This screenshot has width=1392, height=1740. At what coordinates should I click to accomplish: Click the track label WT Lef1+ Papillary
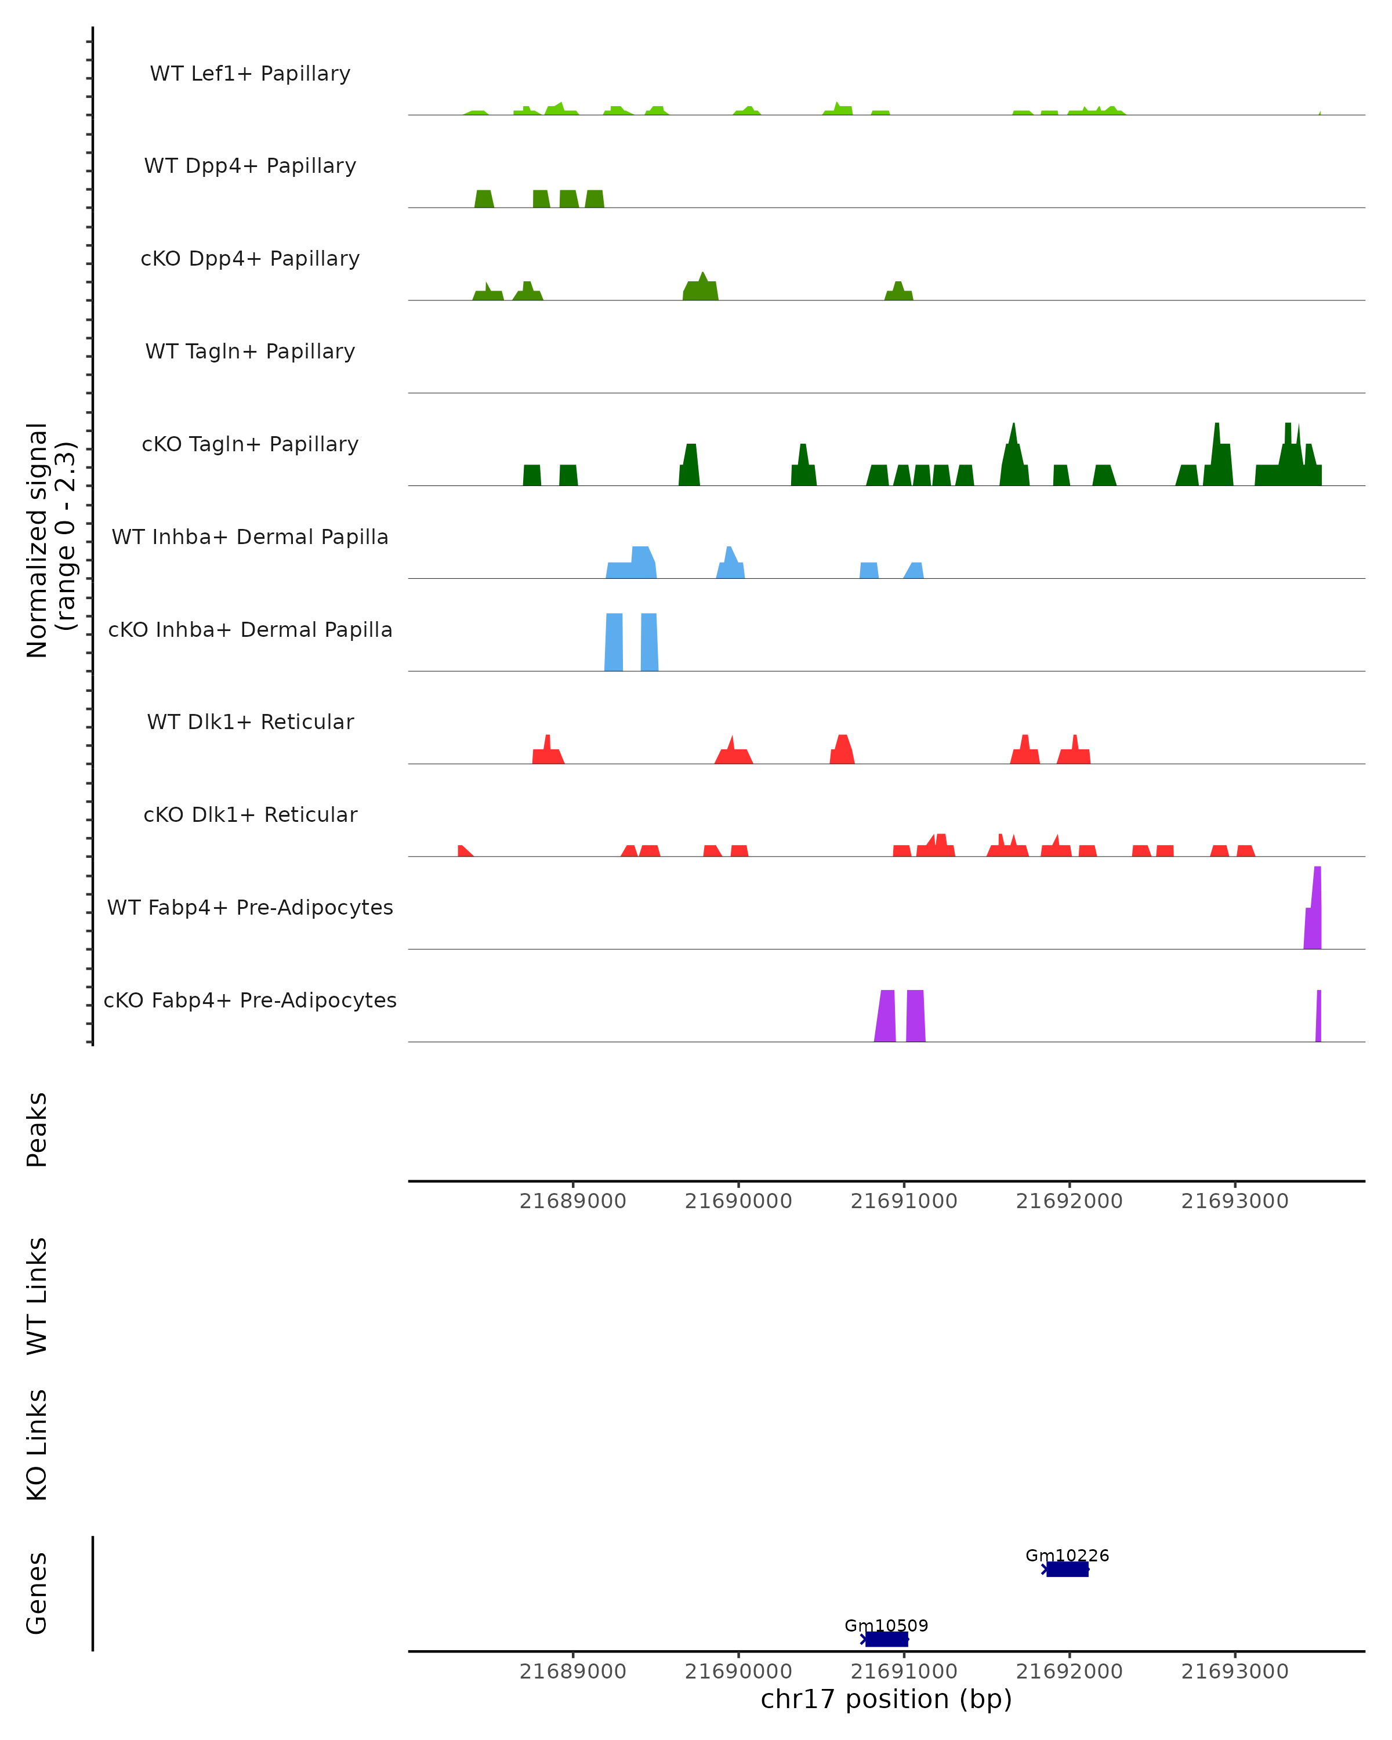point(250,74)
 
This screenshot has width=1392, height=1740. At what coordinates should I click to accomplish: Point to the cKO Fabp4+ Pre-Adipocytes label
point(250,1000)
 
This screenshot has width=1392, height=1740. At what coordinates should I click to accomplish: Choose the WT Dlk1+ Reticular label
point(250,722)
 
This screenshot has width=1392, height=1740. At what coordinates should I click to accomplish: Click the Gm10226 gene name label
point(1067,1555)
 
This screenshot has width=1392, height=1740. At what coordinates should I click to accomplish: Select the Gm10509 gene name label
point(886,1625)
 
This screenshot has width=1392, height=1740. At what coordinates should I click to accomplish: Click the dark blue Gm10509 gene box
point(887,1639)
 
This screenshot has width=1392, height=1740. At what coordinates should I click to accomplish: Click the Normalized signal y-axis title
point(50,540)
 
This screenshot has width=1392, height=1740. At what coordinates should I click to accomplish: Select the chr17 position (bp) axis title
point(886,1699)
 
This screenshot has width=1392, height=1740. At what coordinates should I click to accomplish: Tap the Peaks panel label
point(37,1129)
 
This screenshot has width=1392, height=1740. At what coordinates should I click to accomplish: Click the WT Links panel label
point(37,1295)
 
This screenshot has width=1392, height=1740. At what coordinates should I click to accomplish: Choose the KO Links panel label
point(37,1445)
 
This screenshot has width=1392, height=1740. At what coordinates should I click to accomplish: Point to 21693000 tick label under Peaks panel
point(1235,1201)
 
